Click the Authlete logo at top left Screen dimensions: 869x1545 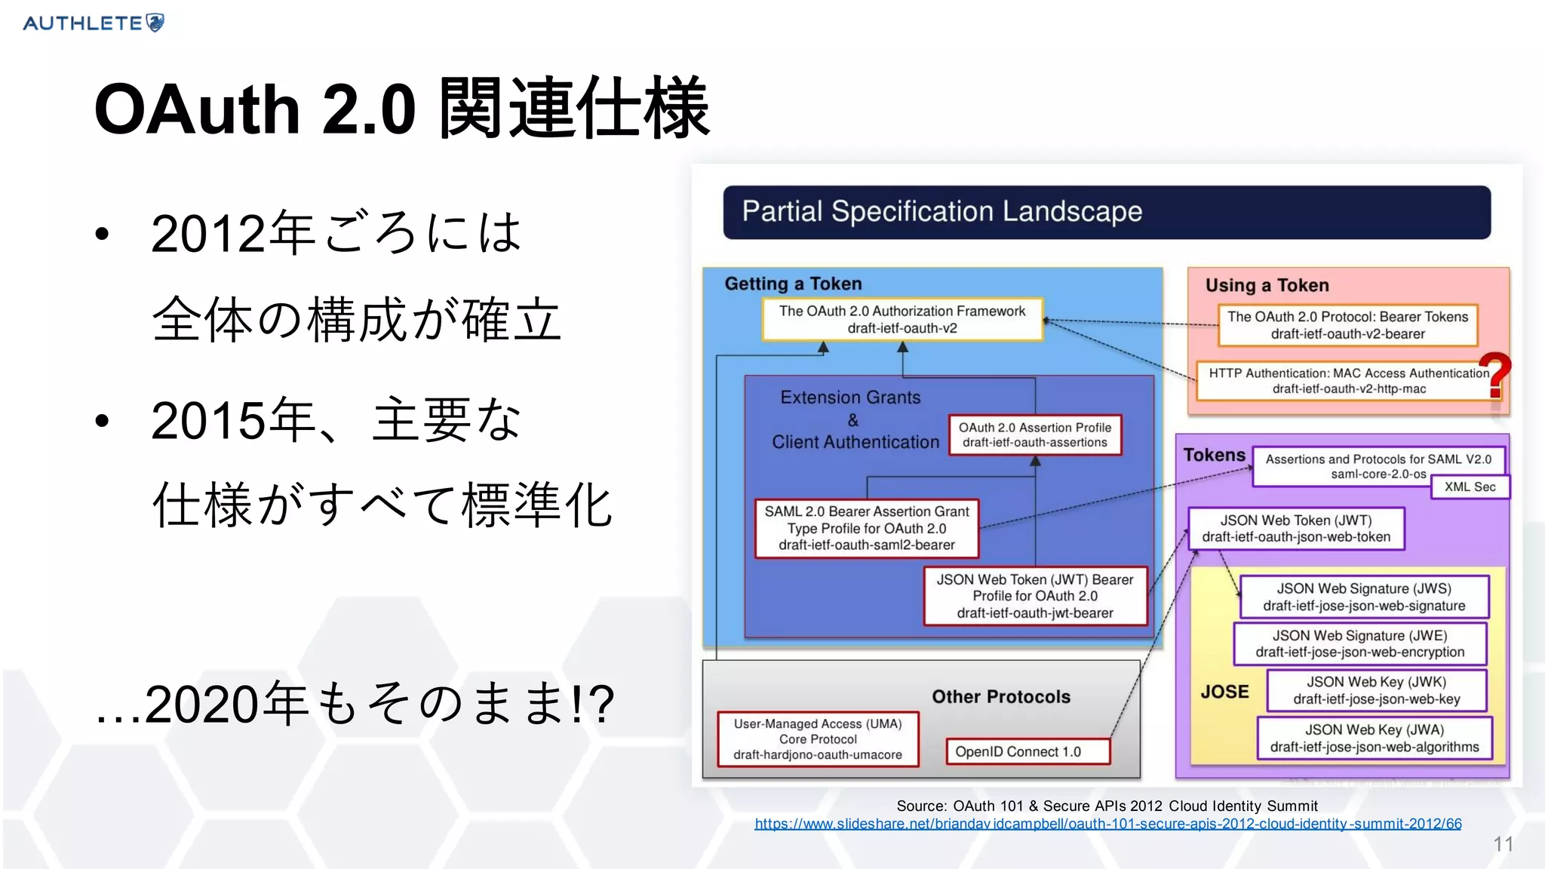click(x=94, y=23)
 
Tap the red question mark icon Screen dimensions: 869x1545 click(x=1494, y=375)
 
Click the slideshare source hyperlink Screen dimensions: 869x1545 click(x=1107, y=824)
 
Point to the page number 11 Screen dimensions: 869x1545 click(x=1503, y=844)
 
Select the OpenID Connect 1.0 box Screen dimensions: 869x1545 click(x=1027, y=751)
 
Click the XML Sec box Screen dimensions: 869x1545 click(x=1470, y=487)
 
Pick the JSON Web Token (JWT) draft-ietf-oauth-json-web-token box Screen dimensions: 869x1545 click(x=1295, y=528)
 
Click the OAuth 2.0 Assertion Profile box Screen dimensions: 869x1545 click(x=1034, y=434)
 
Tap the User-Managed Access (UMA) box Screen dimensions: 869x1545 click(x=818, y=738)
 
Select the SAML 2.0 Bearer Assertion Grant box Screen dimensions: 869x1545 click(x=867, y=528)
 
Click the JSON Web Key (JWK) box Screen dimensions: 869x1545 click(x=1376, y=690)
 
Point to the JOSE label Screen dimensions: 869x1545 click(x=1224, y=692)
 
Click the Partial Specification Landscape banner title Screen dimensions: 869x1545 click(x=941, y=212)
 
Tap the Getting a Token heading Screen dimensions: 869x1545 click(x=793, y=284)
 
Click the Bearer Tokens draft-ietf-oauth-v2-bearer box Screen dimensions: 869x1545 click(x=1347, y=325)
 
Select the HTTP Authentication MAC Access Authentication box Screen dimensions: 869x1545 click(x=1348, y=380)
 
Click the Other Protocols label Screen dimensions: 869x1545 click(x=1000, y=696)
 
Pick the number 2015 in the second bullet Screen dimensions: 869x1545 click(x=208, y=420)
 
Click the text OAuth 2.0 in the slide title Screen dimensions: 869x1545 click(x=255, y=109)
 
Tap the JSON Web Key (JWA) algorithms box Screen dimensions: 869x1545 click(x=1374, y=738)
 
